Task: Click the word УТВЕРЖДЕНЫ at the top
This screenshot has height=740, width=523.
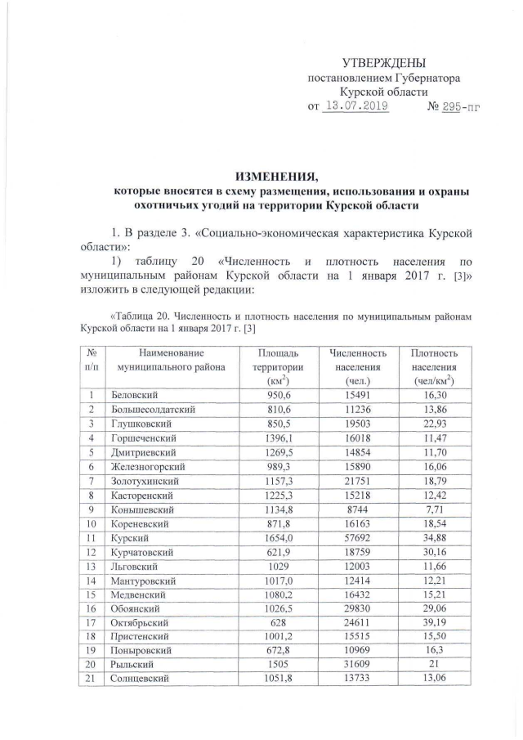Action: tap(383, 64)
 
